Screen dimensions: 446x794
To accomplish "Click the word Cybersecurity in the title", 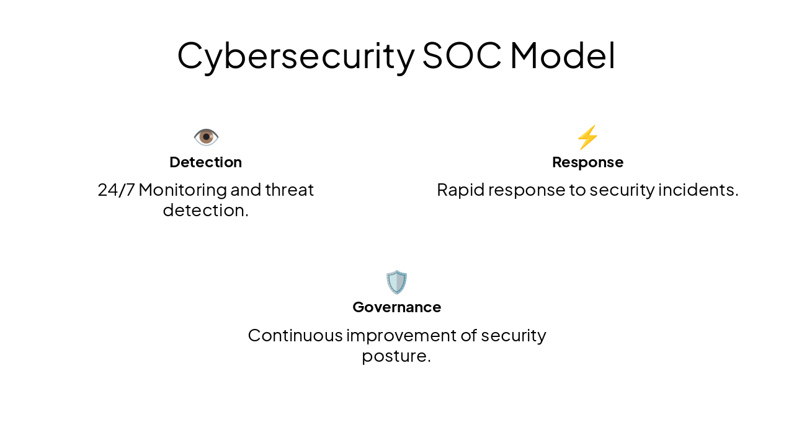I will pyautogui.click(x=295, y=56).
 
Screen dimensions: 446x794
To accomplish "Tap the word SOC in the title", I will pyautogui.click(x=462, y=56).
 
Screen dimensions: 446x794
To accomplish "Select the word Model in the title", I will pyautogui.click(x=562, y=56).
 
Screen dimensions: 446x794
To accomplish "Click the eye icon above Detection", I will pyautogui.click(x=206, y=137).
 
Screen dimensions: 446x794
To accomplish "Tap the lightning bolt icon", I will pyautogui.click(x=587, y=137).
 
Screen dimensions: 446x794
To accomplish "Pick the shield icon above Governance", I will pyautogui.click(x=396, y=282).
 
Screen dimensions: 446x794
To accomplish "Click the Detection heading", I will pyautogui.click(x=205, y=162).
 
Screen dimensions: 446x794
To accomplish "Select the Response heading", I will pyautogui.click(x=587, y=162).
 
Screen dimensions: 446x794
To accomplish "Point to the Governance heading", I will pyautogui.click(x=396, y=307).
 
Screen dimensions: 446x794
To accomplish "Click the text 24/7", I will pyautogui.click(x=116, y=190).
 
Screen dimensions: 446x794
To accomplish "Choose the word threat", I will pyautogui.click(x=289, y=190).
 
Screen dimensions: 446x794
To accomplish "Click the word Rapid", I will pyautogui.click(x=458, y=190).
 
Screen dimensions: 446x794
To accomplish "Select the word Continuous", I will pyautogui.click(x=295, y=335).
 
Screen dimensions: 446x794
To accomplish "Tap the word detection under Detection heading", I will pyautogui.click(x=205, y=211).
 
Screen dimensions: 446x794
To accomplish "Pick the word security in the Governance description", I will pyautogui.click(x=514, y=335).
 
